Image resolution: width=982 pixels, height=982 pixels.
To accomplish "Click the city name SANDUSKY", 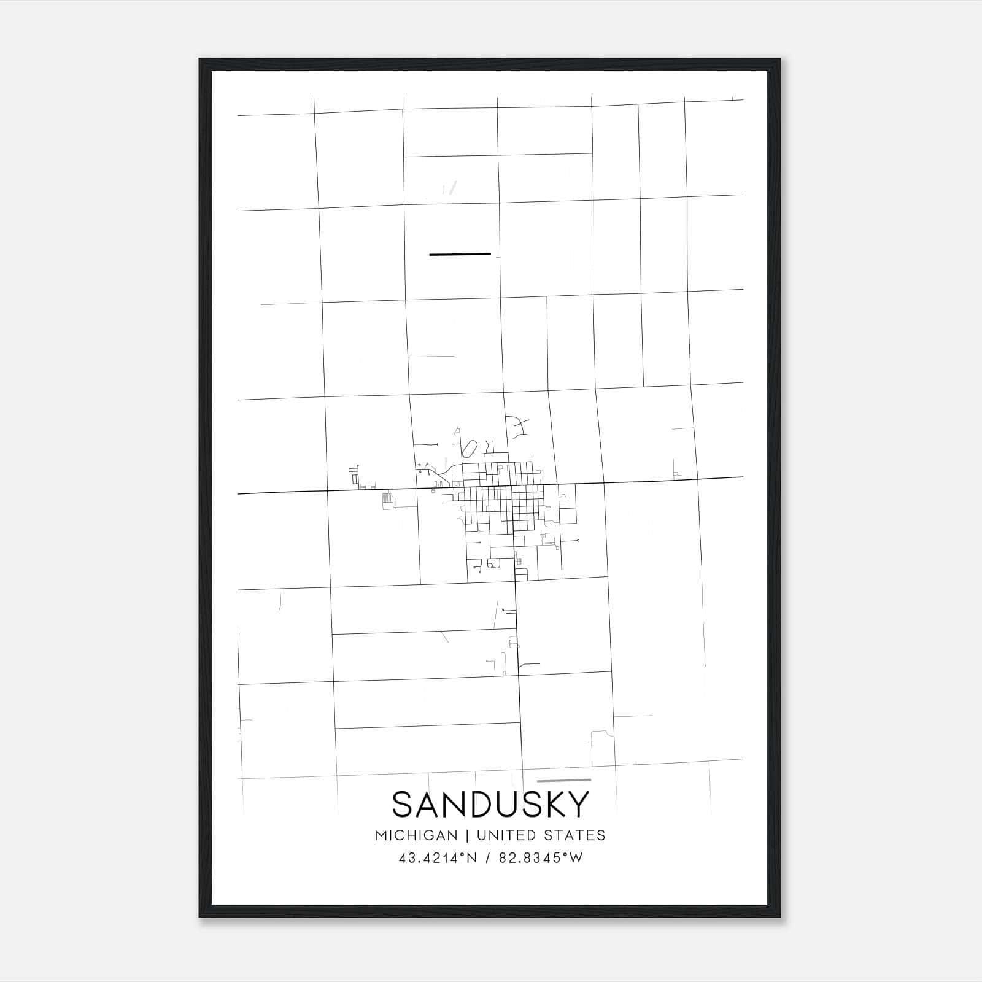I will (490, 804).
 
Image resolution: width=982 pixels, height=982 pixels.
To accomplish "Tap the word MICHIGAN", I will (416, 835).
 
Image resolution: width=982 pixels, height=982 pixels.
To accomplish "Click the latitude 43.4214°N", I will (438, 858).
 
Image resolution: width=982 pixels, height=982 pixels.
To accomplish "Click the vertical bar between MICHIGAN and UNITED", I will (467, 835).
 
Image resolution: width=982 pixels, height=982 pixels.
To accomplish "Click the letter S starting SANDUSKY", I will (402, 804).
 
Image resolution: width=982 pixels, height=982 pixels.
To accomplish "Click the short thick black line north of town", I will (460, 253).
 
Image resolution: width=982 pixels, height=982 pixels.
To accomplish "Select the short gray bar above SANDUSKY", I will (563, 780).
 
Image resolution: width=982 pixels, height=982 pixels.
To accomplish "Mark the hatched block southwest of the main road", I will (387, 500).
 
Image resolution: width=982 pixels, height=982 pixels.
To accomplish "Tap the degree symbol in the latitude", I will (462, 854).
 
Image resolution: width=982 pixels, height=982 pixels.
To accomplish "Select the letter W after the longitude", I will (576, 858).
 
